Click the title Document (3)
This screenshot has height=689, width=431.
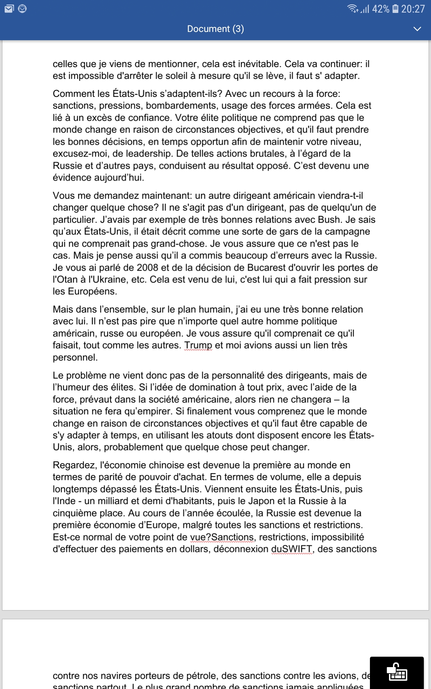[x=215, y=29]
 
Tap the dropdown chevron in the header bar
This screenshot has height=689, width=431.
[x=417, y=29]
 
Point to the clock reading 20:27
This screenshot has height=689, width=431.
[x=413, y=9]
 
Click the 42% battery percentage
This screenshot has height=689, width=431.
[x=380, y=9]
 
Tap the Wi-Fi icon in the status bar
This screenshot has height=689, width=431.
[x=352, y=9]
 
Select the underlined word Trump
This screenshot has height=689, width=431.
[x=198, y=345]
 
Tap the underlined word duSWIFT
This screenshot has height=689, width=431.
[x=291, y=549]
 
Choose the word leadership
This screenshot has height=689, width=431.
[x=148, y=154]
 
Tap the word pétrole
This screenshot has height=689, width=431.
[x=200, y=676]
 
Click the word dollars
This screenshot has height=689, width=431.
[x=191, y=549]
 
